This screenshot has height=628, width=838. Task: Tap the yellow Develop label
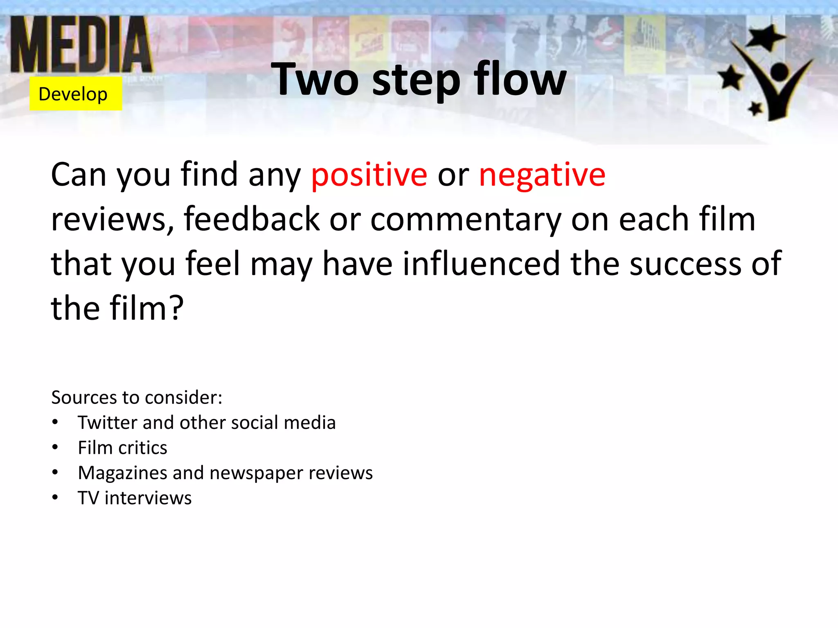pos(75,94)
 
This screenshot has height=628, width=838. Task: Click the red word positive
pos(369,175)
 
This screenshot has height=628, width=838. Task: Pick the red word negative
pos(542,175)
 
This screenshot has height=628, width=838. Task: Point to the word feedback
pos(251,219)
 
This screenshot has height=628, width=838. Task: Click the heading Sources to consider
pos(137,397)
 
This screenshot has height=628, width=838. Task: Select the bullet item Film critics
pos(122,448)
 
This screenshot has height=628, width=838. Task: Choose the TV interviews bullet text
pos(135,498)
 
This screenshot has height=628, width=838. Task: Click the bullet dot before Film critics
pos(55,447)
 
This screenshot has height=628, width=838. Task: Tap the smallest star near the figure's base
pos(755,108)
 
